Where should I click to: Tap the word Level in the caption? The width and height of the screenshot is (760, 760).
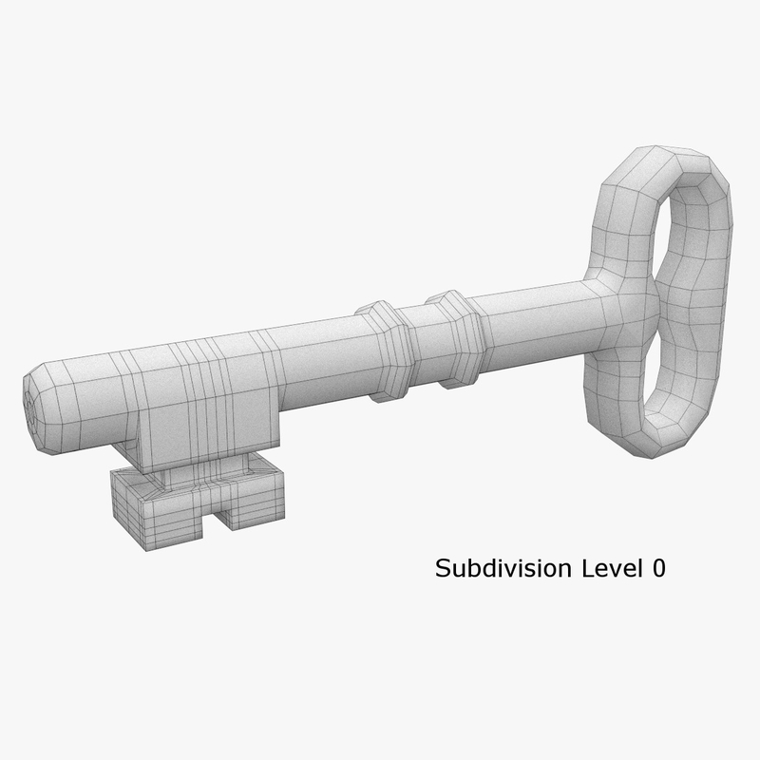point(599,569)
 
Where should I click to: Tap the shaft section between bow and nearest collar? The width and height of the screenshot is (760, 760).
point(532,313)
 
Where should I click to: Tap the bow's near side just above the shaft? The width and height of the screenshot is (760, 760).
point(608,228)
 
